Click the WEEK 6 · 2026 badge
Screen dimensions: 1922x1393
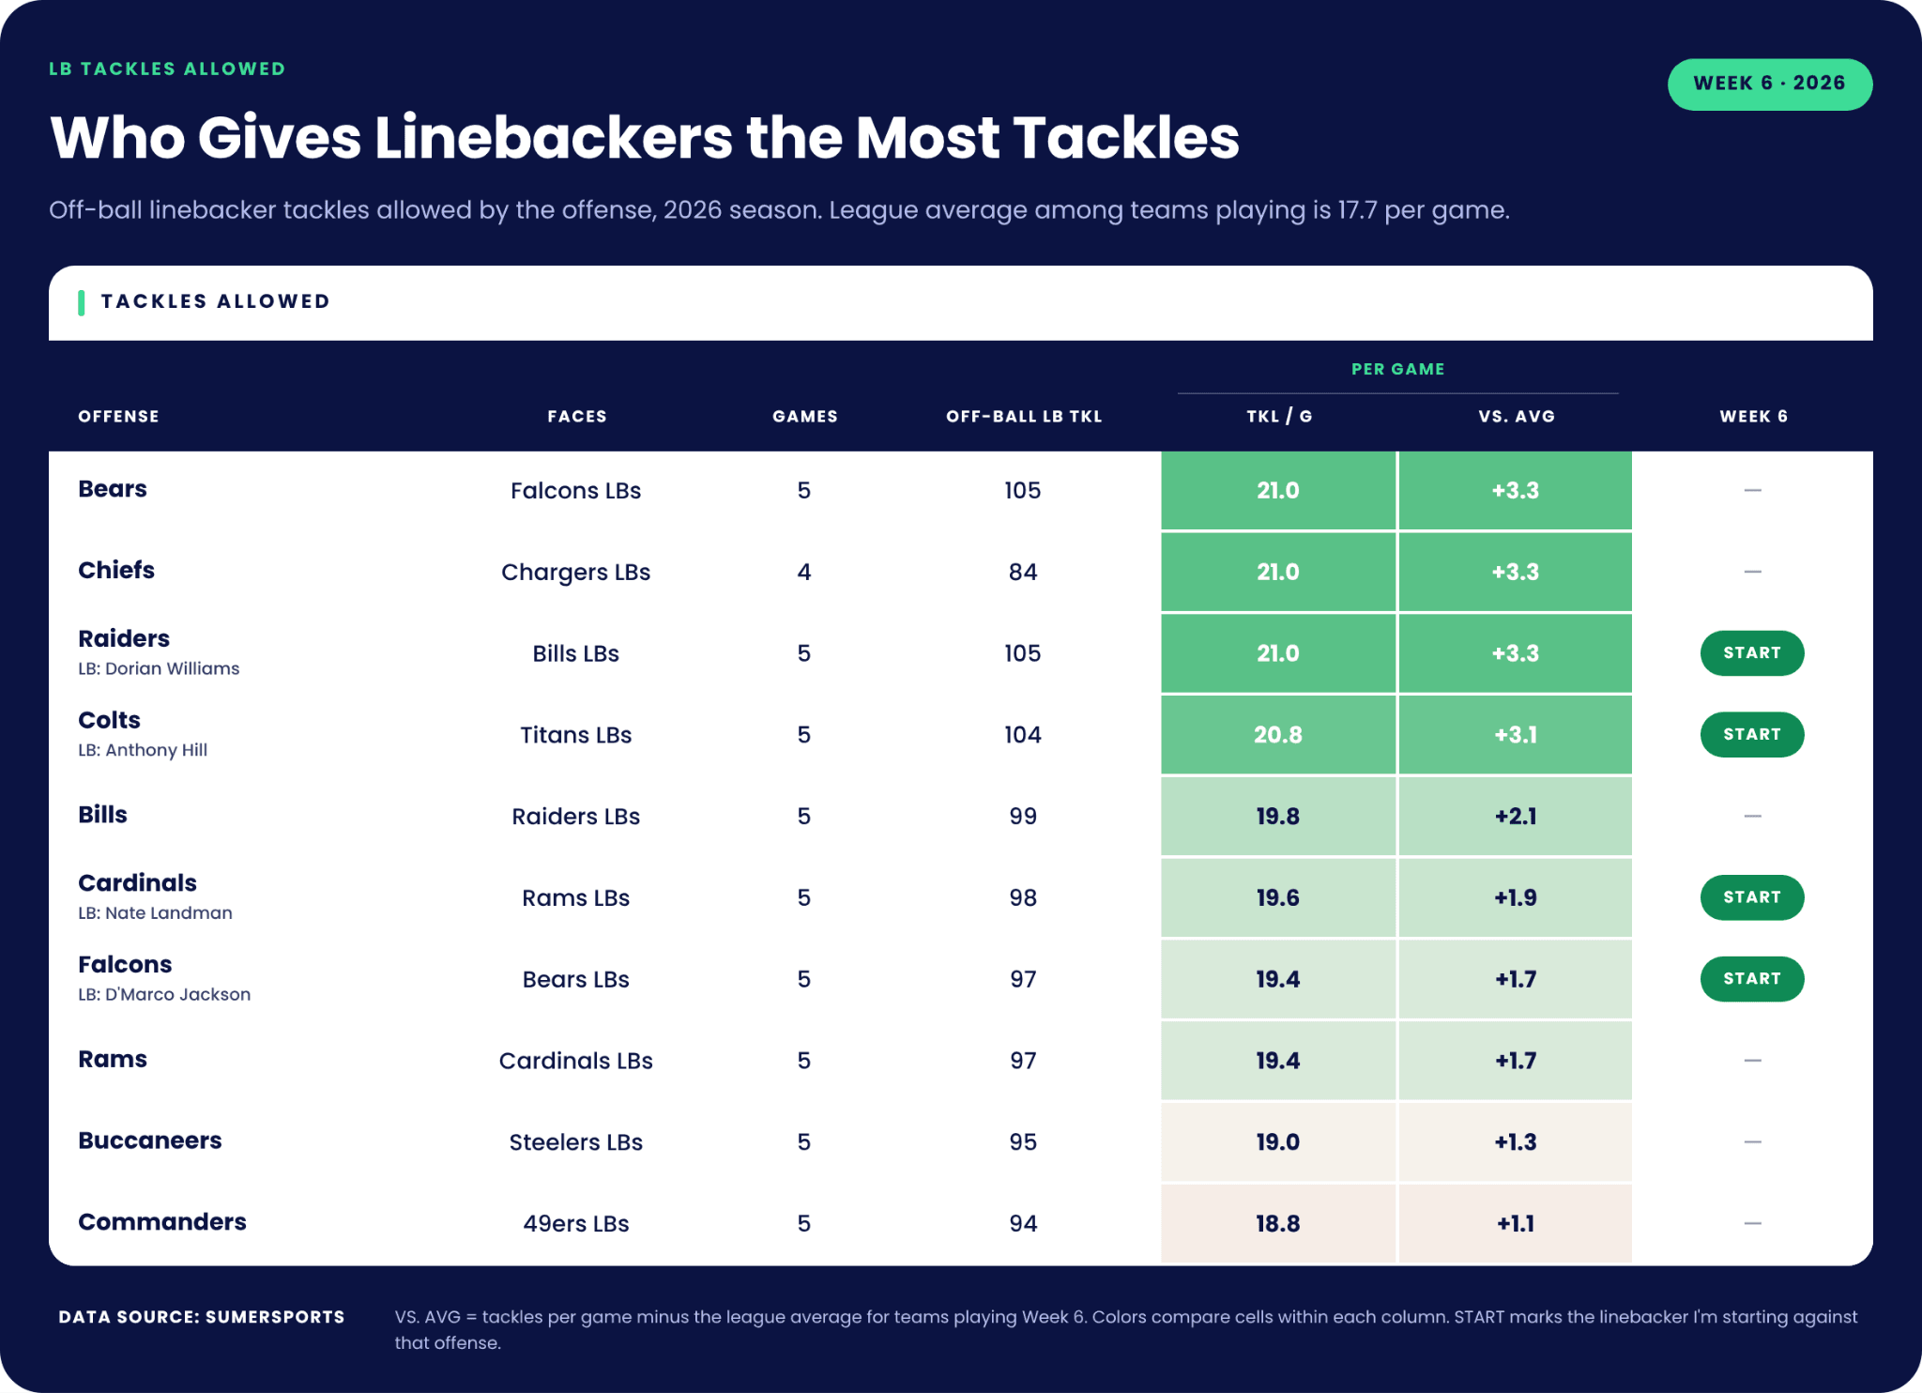pos(1769,84)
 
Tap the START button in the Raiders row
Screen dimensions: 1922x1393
pos(1751,653)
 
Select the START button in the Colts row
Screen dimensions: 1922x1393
pos(1751,735)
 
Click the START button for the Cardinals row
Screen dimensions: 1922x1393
pos(1751,897)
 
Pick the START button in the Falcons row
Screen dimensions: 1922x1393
pos(1751,979)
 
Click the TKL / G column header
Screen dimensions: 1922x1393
pos(1278,416)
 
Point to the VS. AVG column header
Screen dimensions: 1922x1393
pos(1516,416)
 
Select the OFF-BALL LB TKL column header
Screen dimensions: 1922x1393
pos(1023,416)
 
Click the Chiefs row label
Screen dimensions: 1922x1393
pos(116,570)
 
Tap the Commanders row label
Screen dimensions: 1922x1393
pos(162,1221)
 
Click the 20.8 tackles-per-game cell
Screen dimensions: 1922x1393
pos(1278,735)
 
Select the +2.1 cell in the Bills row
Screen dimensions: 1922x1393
pos(1516,817)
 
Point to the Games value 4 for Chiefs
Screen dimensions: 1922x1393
pos(804,572)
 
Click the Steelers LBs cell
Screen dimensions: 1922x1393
pos(576,1142)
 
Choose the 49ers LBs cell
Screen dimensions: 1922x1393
pos(576,1224)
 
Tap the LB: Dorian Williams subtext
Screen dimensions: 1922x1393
pos(159,668)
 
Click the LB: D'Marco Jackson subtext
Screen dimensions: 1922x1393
pos(164,994)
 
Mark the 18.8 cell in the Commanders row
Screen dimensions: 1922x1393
pos(1278,1224)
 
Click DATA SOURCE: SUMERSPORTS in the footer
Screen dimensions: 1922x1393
pos(202,1317)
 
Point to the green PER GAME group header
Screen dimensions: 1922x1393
pos(1397,369)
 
